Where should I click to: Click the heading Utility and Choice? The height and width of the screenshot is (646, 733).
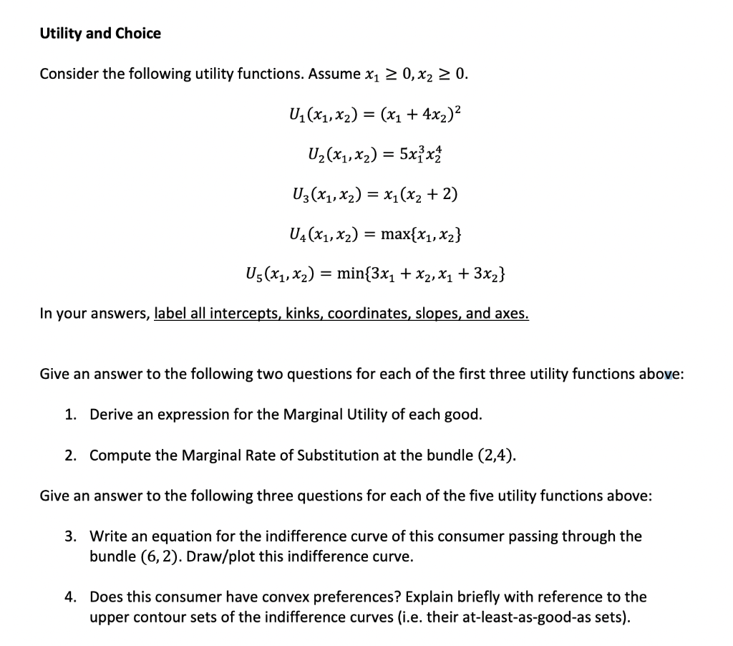(x=100, y=34)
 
